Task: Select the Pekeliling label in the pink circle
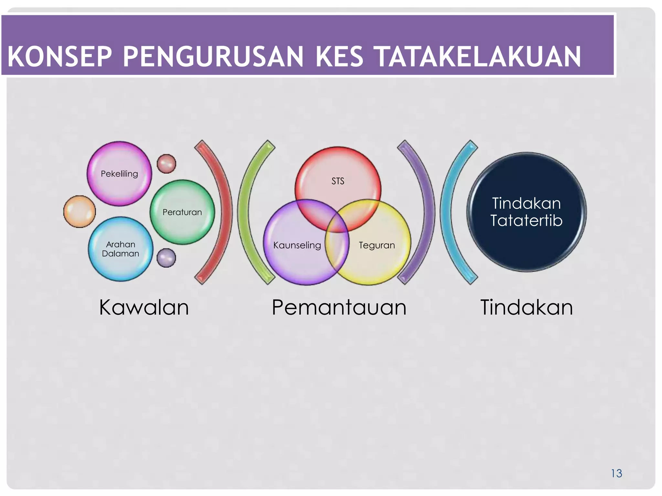pos(119,174)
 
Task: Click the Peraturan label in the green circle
pos(182,212)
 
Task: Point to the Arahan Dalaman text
pos(120,249)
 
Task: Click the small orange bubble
pos(80,212)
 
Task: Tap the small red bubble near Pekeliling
pos(166,164)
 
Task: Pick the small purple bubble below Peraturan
pos(166,258)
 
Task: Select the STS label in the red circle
pos(338,181)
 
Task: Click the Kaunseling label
pos(297,245)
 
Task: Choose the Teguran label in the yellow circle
pos(377,245)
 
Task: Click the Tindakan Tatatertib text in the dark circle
pos(526,212)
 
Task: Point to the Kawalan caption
pos(144,307)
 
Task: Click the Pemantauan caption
pos(339,307)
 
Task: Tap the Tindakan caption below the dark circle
pos(526,307)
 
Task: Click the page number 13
pos(616,473)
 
